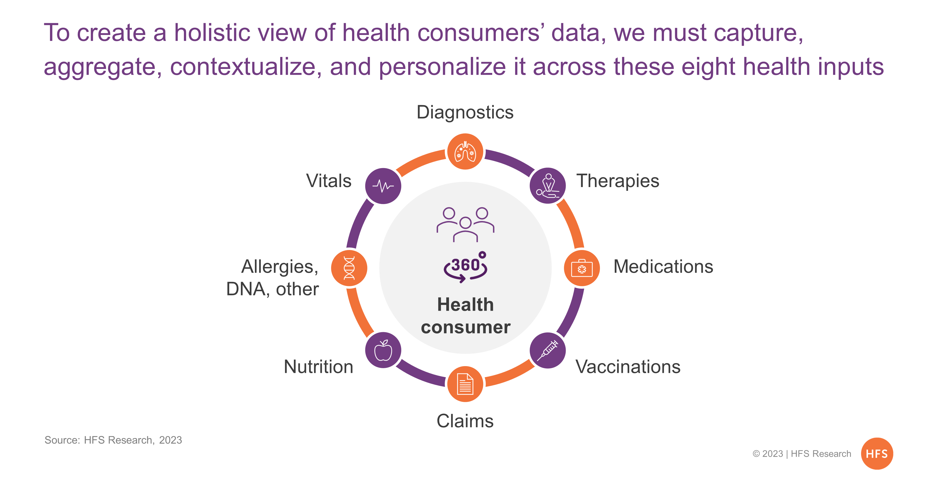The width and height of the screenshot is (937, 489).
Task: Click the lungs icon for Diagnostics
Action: point(465,151)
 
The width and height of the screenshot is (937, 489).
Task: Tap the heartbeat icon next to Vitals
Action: point(383,186)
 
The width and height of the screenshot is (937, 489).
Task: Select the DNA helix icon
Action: point(349,268)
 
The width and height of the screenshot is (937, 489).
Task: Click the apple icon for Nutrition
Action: point(383,350)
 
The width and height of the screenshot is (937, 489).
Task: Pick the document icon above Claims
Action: point(465,384)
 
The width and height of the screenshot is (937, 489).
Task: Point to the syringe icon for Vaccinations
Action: point(547,350)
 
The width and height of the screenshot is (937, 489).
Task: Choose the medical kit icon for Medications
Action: point(582,268)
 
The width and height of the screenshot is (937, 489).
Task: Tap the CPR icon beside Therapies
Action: point(547,186)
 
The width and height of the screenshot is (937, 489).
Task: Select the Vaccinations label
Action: point(628,366)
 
